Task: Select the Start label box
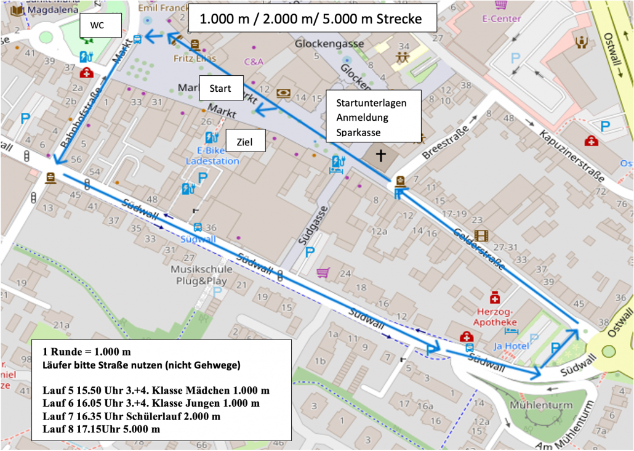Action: [x=221, y=88]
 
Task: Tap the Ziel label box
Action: [x=246, y=142]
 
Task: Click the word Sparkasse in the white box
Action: [x=358, y=132]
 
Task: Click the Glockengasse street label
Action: [x=329, y=44]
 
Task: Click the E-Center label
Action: [x=502, y=18]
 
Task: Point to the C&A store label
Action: [x=254, y=62]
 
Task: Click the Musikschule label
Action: [x=202, y=269]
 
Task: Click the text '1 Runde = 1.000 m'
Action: [x=87, y=352]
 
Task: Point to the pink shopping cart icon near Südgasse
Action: [x=323, y=272]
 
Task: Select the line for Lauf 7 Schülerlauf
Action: [x=131, y=416]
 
